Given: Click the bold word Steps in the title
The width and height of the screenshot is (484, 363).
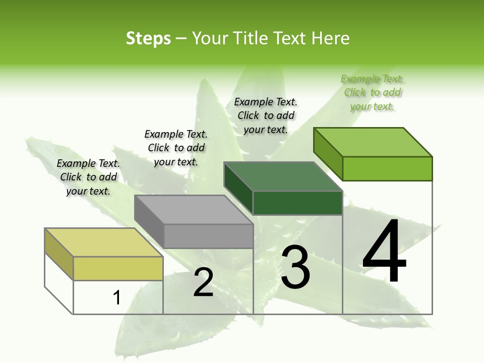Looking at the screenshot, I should (x=148, y=38).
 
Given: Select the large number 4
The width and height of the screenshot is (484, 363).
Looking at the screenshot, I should (x=384, y=252).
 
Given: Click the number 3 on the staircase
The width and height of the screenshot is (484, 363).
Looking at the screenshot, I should (x=295, y=267).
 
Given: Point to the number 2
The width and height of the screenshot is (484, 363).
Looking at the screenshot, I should (x=204, y=282).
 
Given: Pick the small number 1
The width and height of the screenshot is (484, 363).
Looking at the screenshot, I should (x=117, y=297).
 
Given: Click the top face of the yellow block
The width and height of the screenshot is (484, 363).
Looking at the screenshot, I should (x=103, y=243).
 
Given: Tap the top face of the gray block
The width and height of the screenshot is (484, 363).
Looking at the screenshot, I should (x=193, y=210).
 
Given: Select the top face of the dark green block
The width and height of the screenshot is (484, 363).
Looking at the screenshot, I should (x=283, y=176).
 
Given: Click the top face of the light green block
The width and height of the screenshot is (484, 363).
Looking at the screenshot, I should (x=373, y=142).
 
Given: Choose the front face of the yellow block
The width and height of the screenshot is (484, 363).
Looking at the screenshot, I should (x=118, y=268).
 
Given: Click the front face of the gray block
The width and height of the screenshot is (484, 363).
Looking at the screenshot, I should (x=208, y=236).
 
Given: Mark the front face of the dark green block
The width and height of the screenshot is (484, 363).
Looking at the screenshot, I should (x=297, y=203).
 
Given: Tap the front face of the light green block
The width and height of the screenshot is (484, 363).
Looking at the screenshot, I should (x=387, y=168).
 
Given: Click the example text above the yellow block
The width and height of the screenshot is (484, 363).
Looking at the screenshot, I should (x=88, y=177).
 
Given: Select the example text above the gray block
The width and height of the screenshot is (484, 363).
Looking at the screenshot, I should (x=176, y=148).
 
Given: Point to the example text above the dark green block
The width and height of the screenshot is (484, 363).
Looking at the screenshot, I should (x=266, y=115).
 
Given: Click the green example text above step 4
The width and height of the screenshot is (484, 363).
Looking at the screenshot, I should (x=372, y=92).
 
